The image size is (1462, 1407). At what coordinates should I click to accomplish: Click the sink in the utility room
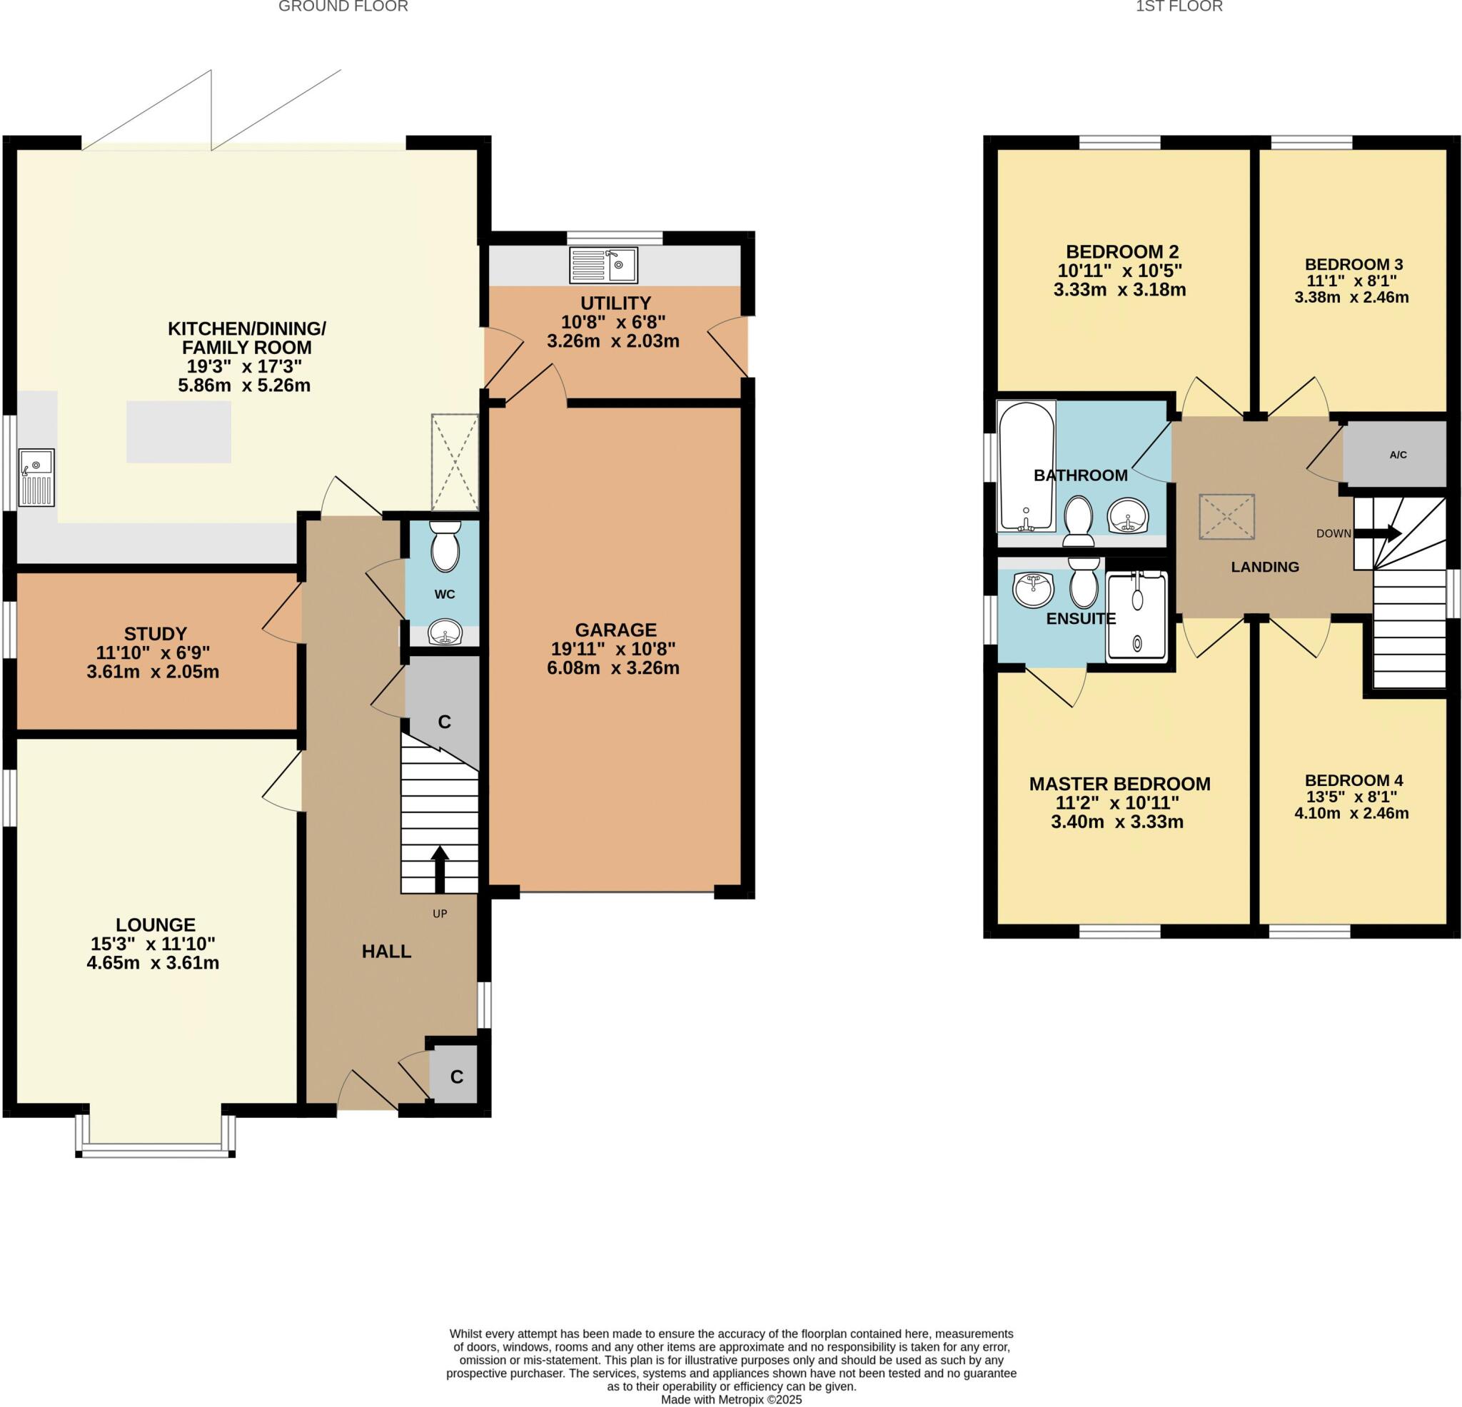[x=604, y=266]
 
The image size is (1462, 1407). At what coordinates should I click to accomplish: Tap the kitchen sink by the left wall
[x=36, y=478]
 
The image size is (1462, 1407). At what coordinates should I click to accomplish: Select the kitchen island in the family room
[x=178, y=432]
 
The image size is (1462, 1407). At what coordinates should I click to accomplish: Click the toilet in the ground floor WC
[x=445, y=545]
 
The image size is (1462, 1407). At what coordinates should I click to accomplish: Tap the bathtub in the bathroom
[x=1026, y=466]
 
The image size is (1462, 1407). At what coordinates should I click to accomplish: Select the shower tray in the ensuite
[x=1136, y=616]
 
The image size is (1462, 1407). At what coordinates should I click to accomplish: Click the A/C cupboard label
[x=1398, y=455]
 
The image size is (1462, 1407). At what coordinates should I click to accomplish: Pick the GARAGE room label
[x=615, y=630]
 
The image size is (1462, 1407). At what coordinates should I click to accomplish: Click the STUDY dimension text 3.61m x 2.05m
[x=153, y=672]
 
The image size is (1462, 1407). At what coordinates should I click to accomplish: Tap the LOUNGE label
[x=155, y=925]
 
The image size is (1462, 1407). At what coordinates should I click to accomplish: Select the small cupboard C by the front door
[x=455, y=1077]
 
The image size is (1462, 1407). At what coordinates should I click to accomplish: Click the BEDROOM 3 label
[x=1353, y=264]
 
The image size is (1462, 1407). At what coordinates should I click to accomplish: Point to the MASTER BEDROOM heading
[x=1119, y=784]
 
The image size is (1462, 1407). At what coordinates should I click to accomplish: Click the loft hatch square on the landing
[x=1226, y=517]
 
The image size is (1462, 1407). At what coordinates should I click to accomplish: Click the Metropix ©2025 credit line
[x=731, y=1401]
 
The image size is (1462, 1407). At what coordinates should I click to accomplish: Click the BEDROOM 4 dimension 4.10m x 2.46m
[x=1351, y=813]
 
